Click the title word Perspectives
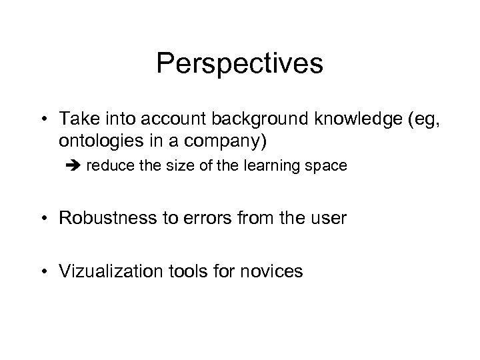click(x=240, y=63)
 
